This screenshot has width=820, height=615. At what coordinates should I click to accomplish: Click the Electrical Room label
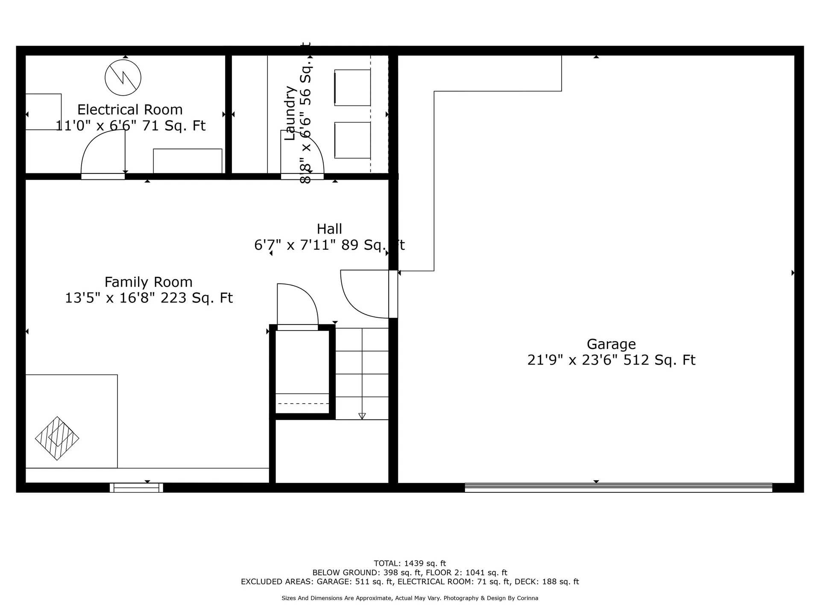click(x=130, y=110)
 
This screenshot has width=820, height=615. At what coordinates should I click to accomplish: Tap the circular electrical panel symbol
click(x=123, y=78)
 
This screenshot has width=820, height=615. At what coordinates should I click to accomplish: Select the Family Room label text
click(x=149, y=282)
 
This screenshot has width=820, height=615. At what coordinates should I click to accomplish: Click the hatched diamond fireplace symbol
click(x=57, y=438)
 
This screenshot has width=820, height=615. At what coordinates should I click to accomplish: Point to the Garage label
click(x=611, y=344)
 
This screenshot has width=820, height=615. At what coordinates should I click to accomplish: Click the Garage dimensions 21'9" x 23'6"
click(x=573, y=360)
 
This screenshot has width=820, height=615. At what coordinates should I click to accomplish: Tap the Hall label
click(x=329, y=229)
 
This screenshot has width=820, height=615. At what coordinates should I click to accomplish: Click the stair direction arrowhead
click(x=362, y=416)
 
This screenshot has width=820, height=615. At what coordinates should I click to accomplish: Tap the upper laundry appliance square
click(x=352, y=88)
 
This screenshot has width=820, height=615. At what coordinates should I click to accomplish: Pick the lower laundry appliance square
click(x=352, y=140)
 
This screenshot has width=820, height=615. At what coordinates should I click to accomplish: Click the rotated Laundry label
click(x=290, y=113)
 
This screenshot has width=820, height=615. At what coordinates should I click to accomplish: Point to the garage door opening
click(x=618, y=487)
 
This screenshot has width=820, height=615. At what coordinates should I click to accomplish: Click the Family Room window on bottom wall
click(x=136, y=488)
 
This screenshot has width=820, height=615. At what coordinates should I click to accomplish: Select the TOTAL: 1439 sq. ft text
click(x=410, y=563)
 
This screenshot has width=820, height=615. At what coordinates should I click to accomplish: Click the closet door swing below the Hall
click(x=298, y=304)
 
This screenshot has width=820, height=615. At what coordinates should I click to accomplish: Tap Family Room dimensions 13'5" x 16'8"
click(x=148, y=298)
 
